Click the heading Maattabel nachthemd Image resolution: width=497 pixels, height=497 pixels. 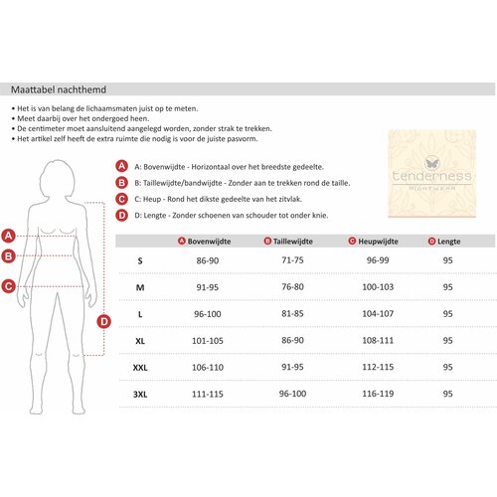pyautogui.click(x=59, y=89)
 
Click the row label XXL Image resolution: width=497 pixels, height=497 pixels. pyautogui.click(x=140, y=368)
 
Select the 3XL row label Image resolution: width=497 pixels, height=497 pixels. pyautogui.click(x=140, y=394)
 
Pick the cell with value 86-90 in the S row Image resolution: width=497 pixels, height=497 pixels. pyautogui.click(x=208, y=260)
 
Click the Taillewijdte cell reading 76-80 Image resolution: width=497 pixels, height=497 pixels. pyautogui.click(x=292, y=286)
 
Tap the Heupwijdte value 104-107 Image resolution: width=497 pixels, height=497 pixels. pyautogui.click(x=378, y=313)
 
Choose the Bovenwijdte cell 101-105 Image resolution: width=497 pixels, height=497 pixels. pyautogui.click(x=208, y=340)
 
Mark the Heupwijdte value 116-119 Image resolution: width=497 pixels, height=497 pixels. pyautogui.click(x=378, y=394)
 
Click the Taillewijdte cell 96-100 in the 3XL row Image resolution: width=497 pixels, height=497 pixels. pyautogui.click(x=292, y=394)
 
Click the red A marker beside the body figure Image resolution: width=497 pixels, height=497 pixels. pyautogui.click(x=9, y=236)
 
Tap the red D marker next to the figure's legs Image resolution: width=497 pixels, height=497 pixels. pyautogui.click(x=103, y=321)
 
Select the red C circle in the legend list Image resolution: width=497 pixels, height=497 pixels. pyautogui.click(x=121, y=199)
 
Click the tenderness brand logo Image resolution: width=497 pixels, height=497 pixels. pyautogui.click(x=432, y=173)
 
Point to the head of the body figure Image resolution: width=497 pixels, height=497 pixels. pyautogui.click(x=57, y=179)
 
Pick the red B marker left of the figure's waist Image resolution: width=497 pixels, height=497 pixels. pyautogui.click(x=9, y=256)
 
